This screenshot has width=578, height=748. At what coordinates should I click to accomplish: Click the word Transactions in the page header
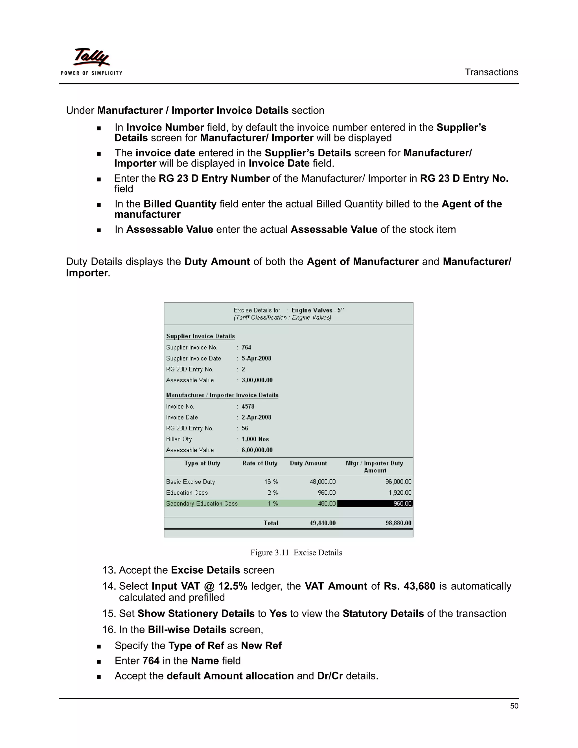(x=491, y=72)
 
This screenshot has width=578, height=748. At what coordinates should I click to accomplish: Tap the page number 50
(x=514, y=706)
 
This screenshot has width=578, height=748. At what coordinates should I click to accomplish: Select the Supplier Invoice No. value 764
(x=246, y=347)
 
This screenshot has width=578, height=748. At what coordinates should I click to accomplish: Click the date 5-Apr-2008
(x=256, y=358)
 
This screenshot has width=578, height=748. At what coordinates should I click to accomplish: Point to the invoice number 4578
(x=248, y=406)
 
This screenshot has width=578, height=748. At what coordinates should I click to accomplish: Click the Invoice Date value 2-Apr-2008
(x=256, y=417)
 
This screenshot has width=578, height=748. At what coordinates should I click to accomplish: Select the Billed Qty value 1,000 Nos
(x=255, y=439)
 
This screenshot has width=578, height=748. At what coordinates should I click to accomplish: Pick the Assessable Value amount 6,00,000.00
(x=257, y=450)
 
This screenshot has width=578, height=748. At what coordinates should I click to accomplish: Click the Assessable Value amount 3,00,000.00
(x=257, y=380)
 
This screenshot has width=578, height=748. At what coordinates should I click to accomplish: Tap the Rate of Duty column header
(x=260, y=463)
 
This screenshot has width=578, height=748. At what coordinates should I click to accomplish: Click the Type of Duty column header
(x=202, y=463)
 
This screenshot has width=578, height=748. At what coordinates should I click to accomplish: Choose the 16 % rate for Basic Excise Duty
(x=271, y=482)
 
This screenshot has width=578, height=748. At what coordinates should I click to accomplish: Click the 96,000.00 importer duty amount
(x=398, y=482)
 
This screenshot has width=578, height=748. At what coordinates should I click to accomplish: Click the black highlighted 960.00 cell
(x=375, y=504)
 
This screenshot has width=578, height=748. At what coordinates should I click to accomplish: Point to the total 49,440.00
(x=323, y=523)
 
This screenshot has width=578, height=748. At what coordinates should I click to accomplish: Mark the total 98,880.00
(x=398, y=523)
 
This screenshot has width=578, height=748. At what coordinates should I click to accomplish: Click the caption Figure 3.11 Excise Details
(x=296, y=552)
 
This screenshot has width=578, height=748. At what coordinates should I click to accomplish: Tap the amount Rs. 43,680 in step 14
(x=409, y=586)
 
